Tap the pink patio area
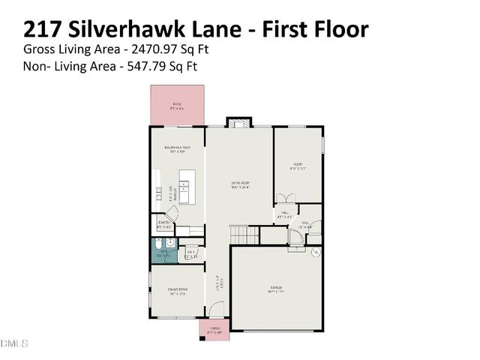pyautogui.click(x=177, y=106)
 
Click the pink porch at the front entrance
pyautogui.click(x=214, y=329)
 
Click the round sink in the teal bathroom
pyautogui.click(x=171, y=244)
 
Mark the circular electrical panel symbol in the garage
pyautogui.click(x=315, y=252)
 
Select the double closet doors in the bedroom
pyautogui.click(x=286, y=199)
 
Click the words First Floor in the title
pyautogui.click(x=315, y=29)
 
